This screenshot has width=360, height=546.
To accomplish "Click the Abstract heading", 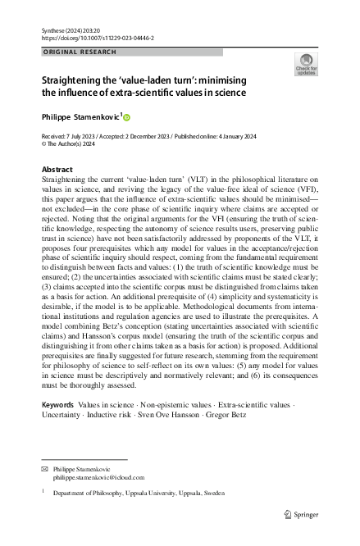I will pos(56,169).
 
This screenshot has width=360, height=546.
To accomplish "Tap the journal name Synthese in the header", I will pos(55,30).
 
